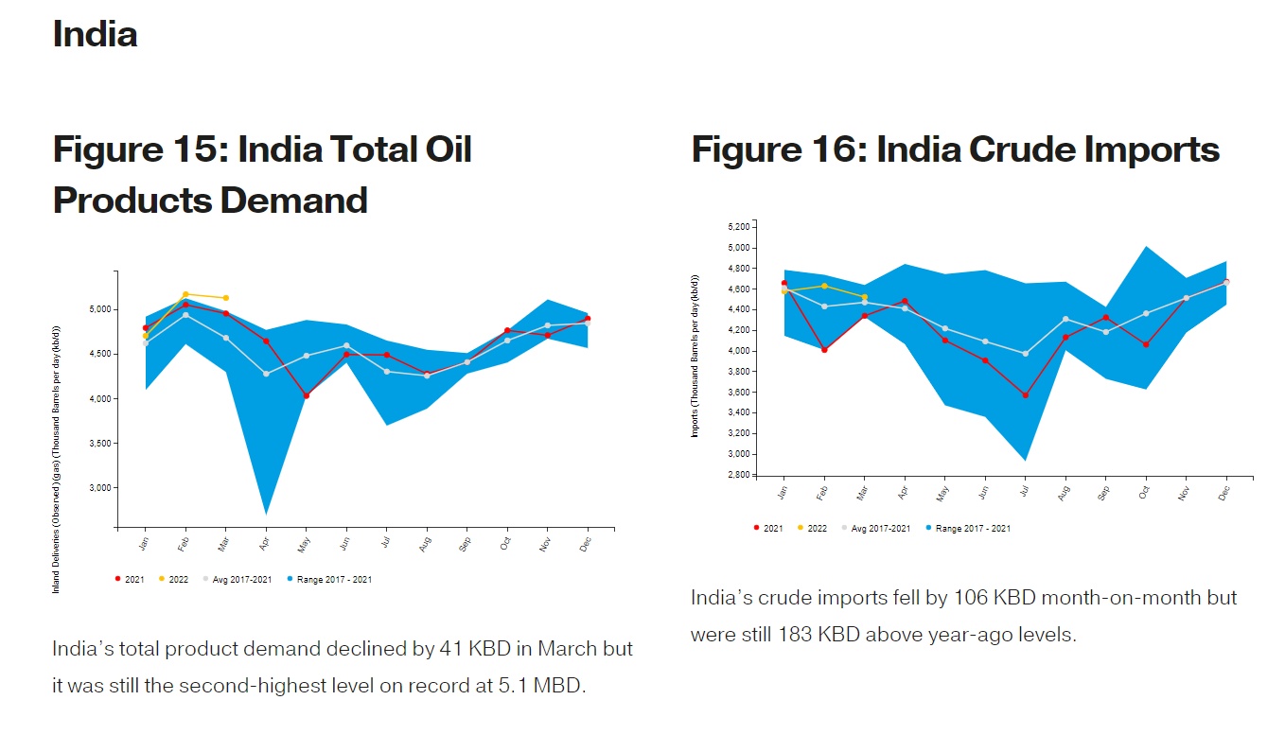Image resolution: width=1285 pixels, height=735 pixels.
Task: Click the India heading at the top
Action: [x=96, y=35]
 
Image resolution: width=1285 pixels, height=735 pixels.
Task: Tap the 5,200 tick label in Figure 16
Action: [x=738, y=227]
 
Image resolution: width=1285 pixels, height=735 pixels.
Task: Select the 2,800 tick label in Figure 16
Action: [x=738, y=475]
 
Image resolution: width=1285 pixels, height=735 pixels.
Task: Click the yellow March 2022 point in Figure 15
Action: [x=225, y=298]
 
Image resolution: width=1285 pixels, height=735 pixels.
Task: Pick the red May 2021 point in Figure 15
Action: [x=306, y=395]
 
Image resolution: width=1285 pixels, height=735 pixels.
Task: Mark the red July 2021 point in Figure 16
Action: [x=1026, y=395]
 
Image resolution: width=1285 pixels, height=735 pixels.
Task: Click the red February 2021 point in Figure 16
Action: [x=824, y=350]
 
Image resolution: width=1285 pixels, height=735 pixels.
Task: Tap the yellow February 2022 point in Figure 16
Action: [x=824, y=286]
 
